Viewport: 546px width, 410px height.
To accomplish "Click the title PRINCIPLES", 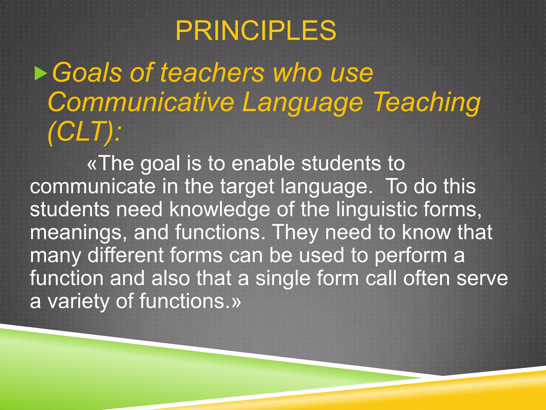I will pos(256,31).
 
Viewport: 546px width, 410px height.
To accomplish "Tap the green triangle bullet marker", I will pos(41,74).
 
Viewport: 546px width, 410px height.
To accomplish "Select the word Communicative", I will pos(141,102).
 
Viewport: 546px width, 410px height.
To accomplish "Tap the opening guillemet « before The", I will pos(92,164).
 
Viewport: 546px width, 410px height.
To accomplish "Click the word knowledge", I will pos(220,209).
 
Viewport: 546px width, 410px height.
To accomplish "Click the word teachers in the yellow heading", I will pos(212,73).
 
